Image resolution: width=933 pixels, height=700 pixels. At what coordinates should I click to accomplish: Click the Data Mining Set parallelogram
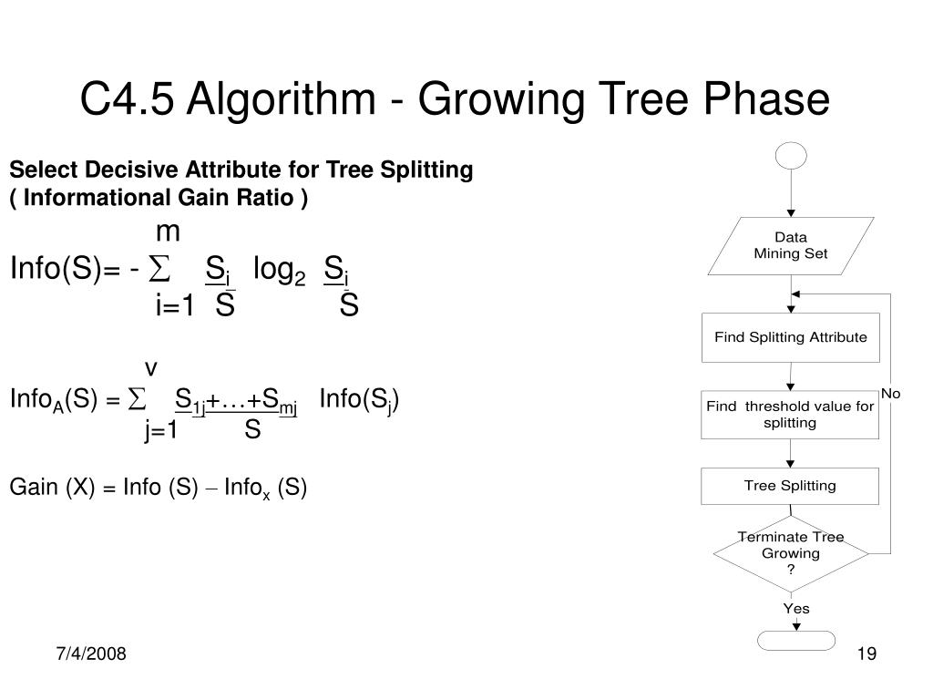pos(790,246)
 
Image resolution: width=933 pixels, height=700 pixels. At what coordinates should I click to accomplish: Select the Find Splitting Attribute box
pos(790,337)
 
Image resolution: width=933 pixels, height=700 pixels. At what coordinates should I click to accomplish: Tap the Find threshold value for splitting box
pos(790,415)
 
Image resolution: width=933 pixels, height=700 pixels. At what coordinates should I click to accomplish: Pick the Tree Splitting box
pos(790,486)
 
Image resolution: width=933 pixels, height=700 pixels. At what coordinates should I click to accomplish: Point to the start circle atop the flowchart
pos(790,156)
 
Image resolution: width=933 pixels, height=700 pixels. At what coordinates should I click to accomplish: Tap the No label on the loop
pos(890,394)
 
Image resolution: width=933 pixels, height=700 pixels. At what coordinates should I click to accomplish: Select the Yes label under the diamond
pos(795,609)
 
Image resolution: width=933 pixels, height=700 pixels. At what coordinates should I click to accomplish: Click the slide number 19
pos(866,654)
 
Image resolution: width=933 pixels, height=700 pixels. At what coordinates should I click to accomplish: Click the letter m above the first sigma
pos(168,233)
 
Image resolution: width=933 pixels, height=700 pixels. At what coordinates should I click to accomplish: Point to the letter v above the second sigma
pos(151,368)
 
